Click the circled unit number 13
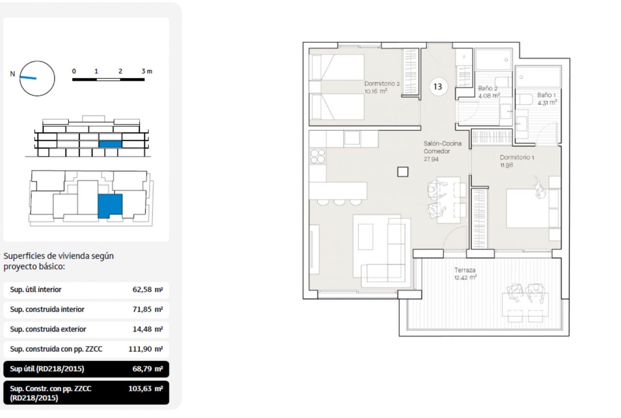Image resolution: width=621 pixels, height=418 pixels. click(438, 87)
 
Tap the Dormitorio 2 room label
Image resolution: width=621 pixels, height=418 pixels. click(382, 84)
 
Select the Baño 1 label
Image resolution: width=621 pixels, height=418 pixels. click(546, 95)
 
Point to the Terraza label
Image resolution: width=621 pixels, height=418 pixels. click(465, 270)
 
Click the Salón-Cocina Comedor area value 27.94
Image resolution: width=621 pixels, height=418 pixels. click(431, 159)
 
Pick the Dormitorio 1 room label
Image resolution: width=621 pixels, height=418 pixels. click(517, 157)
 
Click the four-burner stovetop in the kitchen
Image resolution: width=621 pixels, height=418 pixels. click(318, 156)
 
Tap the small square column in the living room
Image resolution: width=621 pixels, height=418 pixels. click(403, 172)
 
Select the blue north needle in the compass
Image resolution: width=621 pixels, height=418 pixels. click(28, 77)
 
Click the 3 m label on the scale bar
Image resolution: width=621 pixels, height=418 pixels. click(147, 71)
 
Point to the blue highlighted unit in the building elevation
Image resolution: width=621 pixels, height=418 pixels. click(110, 144)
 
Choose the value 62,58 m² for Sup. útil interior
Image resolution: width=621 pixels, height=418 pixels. click(147, 289)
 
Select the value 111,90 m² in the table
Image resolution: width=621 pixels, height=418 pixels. click(146, 349)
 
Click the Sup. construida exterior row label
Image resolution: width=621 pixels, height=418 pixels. click(48, 329)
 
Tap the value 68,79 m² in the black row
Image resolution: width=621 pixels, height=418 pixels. click(147, 369)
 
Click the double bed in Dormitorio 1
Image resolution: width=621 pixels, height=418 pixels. click(527, 208)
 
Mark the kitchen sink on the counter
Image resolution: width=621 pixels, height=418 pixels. click(352, 138)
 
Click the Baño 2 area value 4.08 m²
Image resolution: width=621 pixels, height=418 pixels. click(489, 96)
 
